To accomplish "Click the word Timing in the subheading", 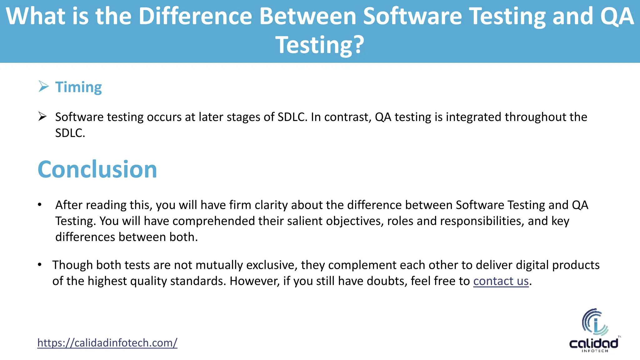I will coord(78,87).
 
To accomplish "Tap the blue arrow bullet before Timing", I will coord(43,86).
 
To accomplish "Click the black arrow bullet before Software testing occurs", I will coord(42,117).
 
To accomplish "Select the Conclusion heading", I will coord(97,169).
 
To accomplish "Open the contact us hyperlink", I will coord(501,281).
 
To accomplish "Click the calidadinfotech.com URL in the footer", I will coord(107,343).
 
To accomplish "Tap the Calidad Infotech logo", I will coord(594,331).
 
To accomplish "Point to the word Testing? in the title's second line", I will coord(320,45).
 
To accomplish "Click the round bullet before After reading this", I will coord(40,205).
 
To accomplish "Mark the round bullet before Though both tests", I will coord(40,265).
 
